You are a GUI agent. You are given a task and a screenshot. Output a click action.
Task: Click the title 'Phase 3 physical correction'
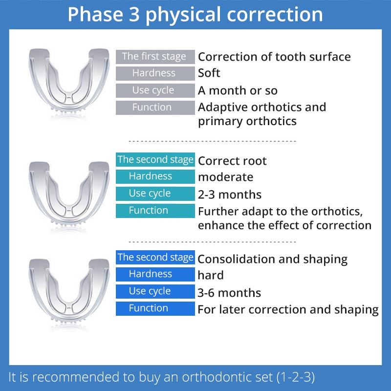[x=195, y=14]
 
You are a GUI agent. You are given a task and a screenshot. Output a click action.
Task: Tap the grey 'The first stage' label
[x=154, y=57]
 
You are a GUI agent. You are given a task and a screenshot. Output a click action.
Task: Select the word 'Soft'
[x=209, y=73]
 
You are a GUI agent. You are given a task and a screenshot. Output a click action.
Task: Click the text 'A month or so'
[x=238, y=90]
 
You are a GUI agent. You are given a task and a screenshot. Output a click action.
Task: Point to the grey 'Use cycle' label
[x=154, y=90]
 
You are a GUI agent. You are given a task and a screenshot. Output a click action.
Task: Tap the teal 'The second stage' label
[x=154, y=159]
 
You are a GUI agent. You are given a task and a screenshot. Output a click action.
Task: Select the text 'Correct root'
[x=232, y=161]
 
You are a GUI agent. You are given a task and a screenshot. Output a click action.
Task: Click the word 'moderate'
[x=225, y=176]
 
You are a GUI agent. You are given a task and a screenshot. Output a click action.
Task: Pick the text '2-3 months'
[x=230, y=194]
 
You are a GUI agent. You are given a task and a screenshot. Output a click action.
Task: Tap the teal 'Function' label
[x=154, y=211]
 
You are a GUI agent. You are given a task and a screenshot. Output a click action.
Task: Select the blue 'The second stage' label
[x=154, y=257]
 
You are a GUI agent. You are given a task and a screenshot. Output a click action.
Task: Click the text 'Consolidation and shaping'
[x=272, y=259]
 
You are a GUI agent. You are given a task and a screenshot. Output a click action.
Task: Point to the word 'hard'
[x=211, y=275]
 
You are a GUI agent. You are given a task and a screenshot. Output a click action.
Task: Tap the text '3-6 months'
[x=229, y=293]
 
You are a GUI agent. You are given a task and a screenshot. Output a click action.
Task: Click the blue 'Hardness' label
[x=154, y=274]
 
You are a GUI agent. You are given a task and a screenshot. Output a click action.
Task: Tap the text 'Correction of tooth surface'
[x=274, y=57]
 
